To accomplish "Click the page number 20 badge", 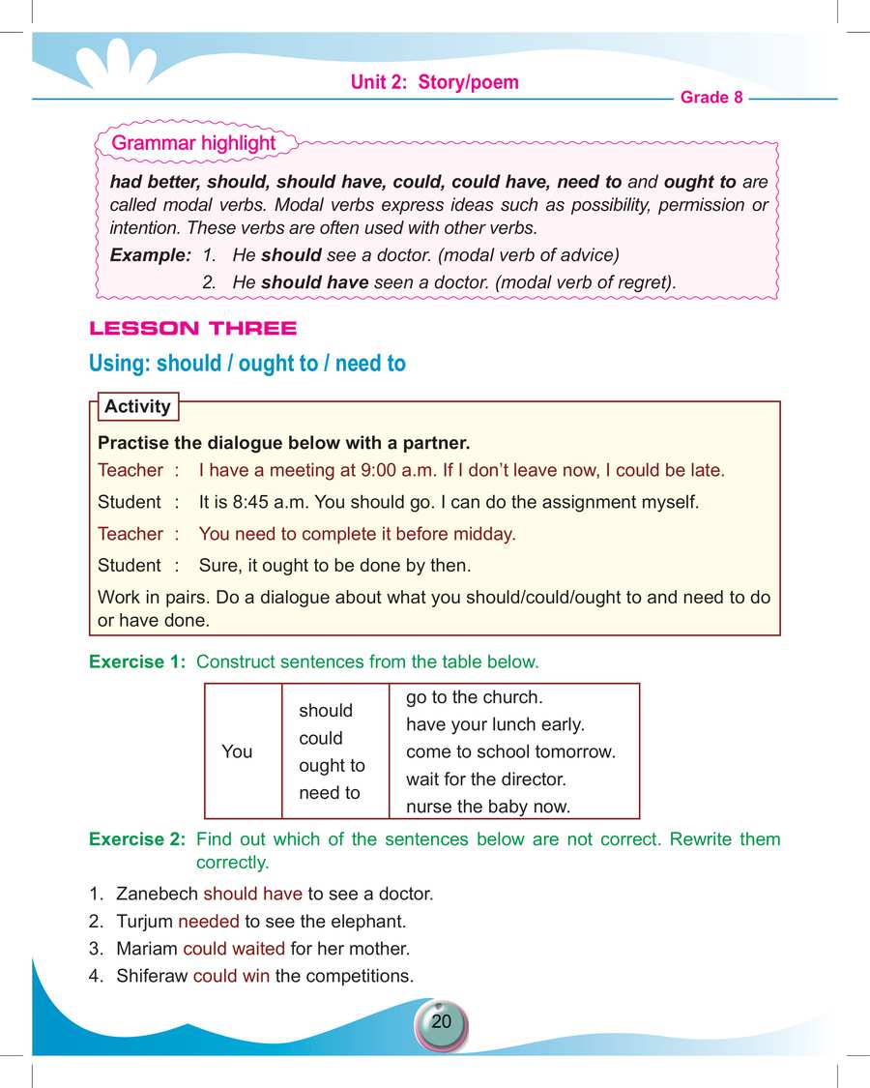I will pyautogui.click(x=441, y=1022).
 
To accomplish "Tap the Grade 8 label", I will pyautogui.click(x=711, y=98).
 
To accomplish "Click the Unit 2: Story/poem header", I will pyautogui.click(x=434, y=82).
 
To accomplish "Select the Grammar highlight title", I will pyautogui.click(x=193, y=143).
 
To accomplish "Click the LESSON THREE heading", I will pyautogui.click(x=192, y=329).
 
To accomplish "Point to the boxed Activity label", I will pyautogui.click(x=137, y=406).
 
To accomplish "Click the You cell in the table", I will pyautogui.click(x=237, y=751).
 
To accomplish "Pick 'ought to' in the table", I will pyautogui.click(x=332, y=765).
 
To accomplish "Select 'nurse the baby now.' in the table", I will pyautogui.click(x=488, y=806).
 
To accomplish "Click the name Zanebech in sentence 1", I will pyautogui.click(x=157, y=894).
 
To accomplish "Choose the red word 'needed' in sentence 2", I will pyautogui.click(x=208, y=922).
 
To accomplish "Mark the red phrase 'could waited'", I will pyautogui.click(x=234, y=949).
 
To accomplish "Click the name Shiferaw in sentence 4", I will pyautogui.click(x=152, y=976).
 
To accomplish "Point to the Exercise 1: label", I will pyautogui.click(x=139, y=662).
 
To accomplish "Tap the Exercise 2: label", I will pyautogui.click(x=139, y=838).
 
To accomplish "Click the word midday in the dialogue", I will pyautogui.click(x=484, y=534).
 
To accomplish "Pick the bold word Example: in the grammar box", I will pyautogui.click(x=151, y=255).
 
